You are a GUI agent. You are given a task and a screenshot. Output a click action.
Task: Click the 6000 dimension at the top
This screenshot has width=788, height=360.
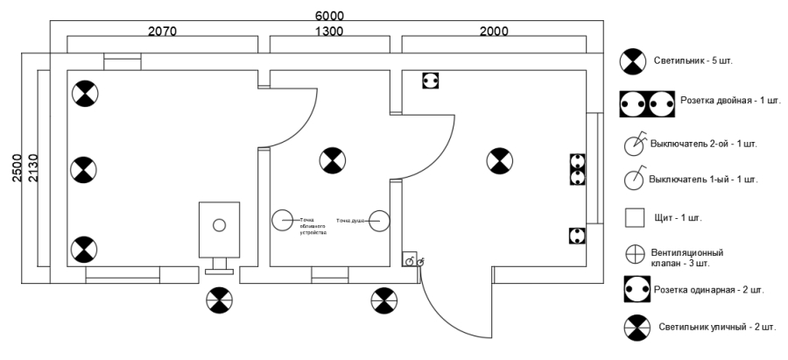(x=329, y=17)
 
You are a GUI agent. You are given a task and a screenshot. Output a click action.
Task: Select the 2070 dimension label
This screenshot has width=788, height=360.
(x=162, y=32)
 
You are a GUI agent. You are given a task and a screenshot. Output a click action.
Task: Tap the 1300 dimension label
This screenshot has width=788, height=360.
(x=329, y=32)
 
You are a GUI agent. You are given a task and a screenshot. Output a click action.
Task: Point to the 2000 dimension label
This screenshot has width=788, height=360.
(x=494, y=32)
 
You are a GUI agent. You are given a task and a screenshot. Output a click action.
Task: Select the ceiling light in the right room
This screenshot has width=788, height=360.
(x=498, y=160)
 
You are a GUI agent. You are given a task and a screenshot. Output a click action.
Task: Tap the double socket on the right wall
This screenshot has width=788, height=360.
(x=577, y=169)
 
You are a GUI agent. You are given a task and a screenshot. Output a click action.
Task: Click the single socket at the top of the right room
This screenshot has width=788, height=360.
(x=430, y=80)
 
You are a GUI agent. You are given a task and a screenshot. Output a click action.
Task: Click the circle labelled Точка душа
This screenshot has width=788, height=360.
(x=378, y=221)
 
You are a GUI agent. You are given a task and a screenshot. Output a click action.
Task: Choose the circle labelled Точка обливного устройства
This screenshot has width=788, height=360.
(x=282, y=221)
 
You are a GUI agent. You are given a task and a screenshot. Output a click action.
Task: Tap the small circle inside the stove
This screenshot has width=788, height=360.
(x=218, y=225)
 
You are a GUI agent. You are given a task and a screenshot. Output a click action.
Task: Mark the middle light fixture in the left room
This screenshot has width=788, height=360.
(x=83, y=170)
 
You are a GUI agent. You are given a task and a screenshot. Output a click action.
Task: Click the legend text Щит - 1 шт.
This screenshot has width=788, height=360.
(x=678, y=216)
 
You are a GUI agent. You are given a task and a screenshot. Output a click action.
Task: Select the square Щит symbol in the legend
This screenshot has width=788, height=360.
(x=634, y=216)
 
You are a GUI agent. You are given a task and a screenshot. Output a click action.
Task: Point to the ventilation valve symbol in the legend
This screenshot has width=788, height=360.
(x=634, y=254)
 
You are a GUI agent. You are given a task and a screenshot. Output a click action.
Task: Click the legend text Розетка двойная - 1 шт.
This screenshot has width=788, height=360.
(x=729, y=101)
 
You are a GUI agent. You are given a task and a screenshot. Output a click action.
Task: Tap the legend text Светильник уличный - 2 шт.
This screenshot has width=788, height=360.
(x=717, y=327)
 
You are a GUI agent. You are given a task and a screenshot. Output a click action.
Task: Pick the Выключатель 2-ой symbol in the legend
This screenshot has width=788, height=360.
(x=634, y=144)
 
